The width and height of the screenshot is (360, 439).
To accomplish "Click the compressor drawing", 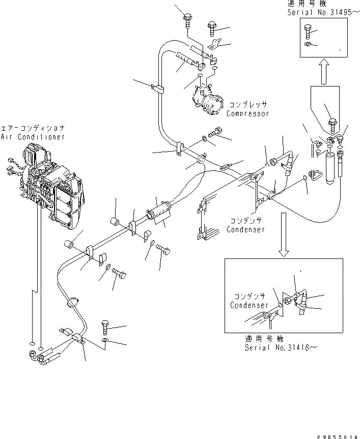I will click(x=208, y=101).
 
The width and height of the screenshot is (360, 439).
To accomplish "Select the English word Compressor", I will click(x=248, y=113).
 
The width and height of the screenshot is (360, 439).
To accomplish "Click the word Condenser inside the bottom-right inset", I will click(x=249, y=305).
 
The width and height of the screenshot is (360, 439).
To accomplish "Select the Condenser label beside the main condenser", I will click(x=246, y=229).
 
